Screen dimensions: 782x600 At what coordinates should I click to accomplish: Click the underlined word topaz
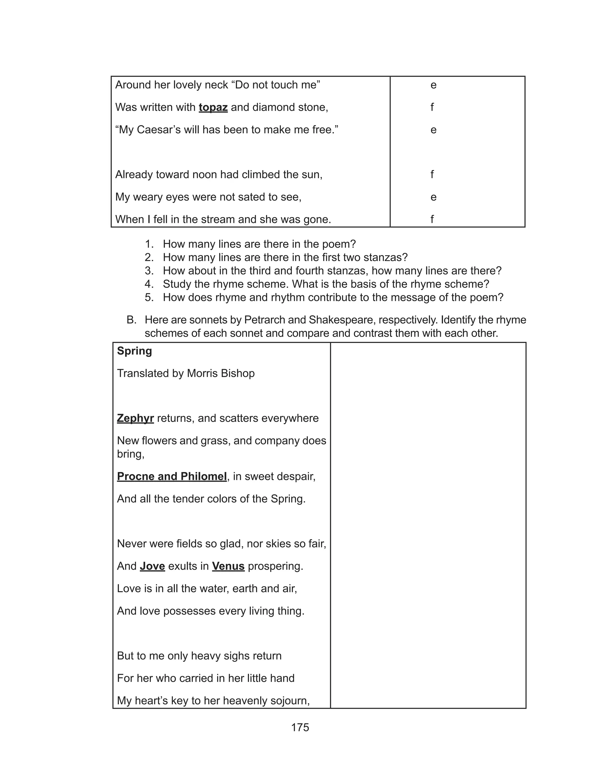213,107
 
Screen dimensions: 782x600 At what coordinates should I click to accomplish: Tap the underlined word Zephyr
135,418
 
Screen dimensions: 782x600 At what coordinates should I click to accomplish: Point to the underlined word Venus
228,566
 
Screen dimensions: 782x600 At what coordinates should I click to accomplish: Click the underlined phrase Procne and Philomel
172,476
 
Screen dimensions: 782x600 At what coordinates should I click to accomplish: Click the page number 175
300,728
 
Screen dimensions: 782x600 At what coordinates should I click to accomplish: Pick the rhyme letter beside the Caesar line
433,130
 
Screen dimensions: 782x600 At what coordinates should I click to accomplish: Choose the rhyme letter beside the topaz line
432,107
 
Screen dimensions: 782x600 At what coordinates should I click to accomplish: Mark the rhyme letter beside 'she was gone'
432,219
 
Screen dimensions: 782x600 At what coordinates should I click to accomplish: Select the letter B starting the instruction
132,320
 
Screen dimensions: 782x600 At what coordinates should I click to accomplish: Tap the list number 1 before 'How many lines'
149,244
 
